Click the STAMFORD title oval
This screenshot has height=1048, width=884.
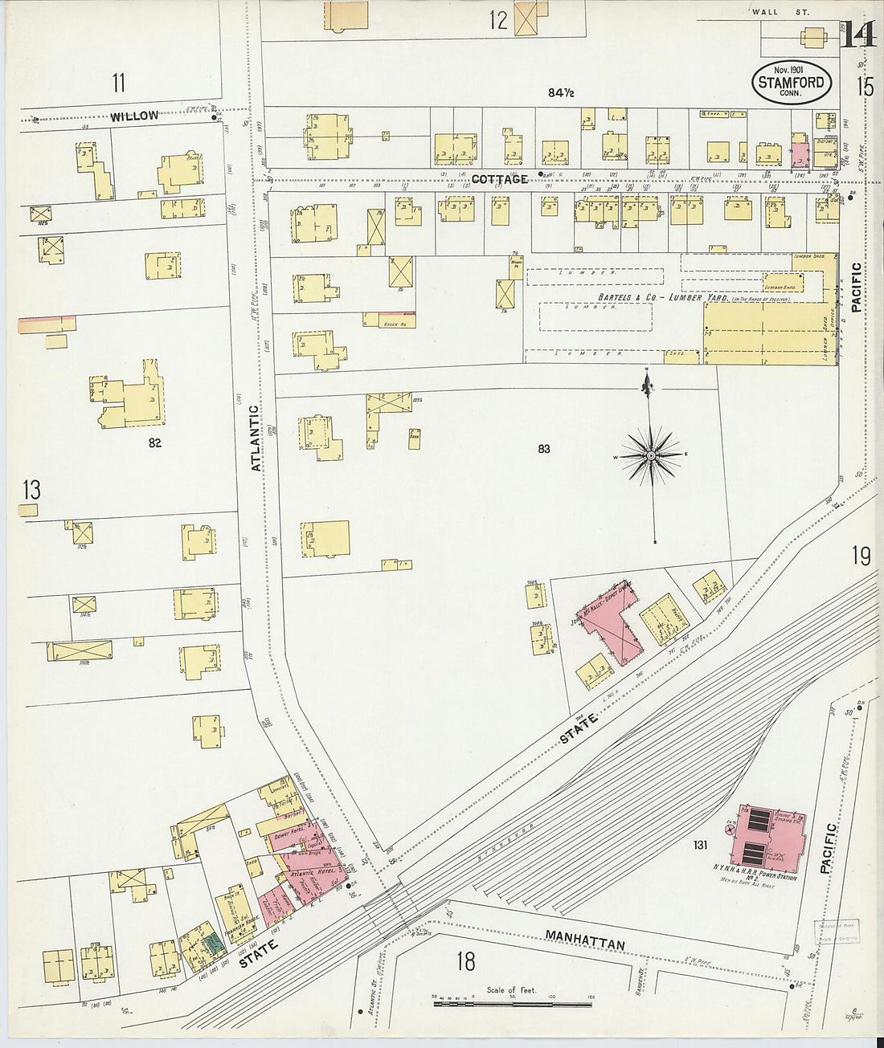pyautogui.click(x=792, y=82)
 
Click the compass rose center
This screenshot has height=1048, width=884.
pyautogui.click(x=651, y=456)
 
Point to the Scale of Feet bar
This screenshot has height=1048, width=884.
pyautogui.click(x=511, y=1003)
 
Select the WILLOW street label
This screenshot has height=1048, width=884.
pyautogui.click(x=134, y=116)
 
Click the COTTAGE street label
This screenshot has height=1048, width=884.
pyautogui.click(x=499, y=179)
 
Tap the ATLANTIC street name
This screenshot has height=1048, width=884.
pyautogui.click(x=256, y=438)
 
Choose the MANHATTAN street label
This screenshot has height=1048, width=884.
pyautogui.click(x=584, y=940)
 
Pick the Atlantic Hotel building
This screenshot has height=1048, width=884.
pyautogui.click(x=315, y=872)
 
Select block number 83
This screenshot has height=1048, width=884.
pyautogui.click(x=544, y=449)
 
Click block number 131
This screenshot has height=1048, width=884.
pyautogui.click(x=700, y=845)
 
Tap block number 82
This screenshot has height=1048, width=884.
pyautogui.click(x=154, y=442)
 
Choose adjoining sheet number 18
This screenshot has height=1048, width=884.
pyautogui.click(x=465, y=960)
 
